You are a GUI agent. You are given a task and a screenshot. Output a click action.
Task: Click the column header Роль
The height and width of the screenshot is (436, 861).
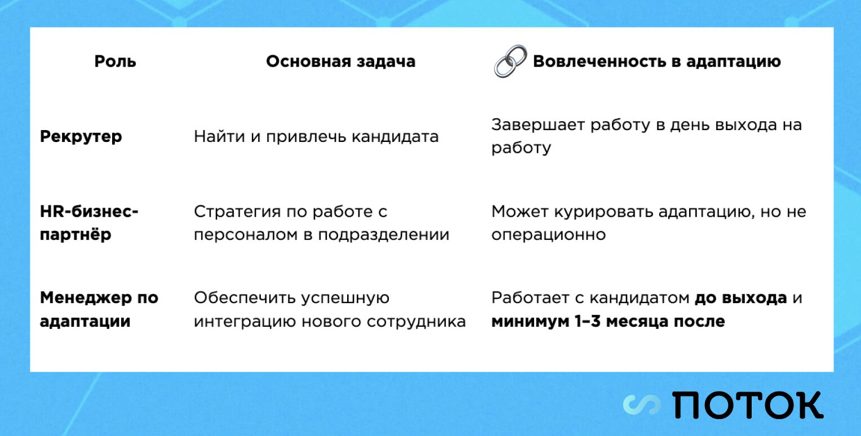[x=116, y=61]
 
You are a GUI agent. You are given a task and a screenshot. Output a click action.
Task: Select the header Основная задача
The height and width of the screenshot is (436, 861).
[x=340, y=61]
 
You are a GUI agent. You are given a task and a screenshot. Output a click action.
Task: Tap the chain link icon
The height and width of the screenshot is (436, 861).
[x=510, y=61]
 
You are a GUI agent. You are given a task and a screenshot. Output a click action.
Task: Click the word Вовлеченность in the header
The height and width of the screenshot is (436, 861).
[x=599, y=61]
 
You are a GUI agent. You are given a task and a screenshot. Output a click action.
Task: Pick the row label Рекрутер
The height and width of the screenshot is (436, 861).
[x=81, y=137]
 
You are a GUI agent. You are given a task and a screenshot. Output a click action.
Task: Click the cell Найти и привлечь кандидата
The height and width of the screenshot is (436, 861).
[x=316, y=136]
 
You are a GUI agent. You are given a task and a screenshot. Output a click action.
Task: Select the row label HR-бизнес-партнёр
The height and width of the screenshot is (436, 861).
[x=89, y=223]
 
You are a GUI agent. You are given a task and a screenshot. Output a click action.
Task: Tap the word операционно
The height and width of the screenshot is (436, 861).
[x=548, y=235]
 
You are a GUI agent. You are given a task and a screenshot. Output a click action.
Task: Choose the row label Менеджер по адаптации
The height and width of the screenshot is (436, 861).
[x=99, y=310]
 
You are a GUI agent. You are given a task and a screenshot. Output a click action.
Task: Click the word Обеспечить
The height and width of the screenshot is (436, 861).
[x=245, y=298]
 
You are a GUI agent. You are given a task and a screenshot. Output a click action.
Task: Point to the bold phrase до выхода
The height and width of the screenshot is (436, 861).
[x=740, y=298]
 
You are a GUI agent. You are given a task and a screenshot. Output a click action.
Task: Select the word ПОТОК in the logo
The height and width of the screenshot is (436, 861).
[x=748, y=405]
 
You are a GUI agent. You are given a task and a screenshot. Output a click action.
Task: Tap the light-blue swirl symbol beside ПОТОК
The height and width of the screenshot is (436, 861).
[x=641, y=405]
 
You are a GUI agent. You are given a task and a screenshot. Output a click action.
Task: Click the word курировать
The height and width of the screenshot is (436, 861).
[x=603, y=212]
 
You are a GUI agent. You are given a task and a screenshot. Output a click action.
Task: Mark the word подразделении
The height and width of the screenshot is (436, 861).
[x=384, y=235]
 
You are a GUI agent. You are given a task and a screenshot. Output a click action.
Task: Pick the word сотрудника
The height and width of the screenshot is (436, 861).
[x=416, y=322]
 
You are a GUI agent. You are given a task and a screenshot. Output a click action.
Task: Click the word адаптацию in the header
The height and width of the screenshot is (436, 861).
[x=734, y=62]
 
